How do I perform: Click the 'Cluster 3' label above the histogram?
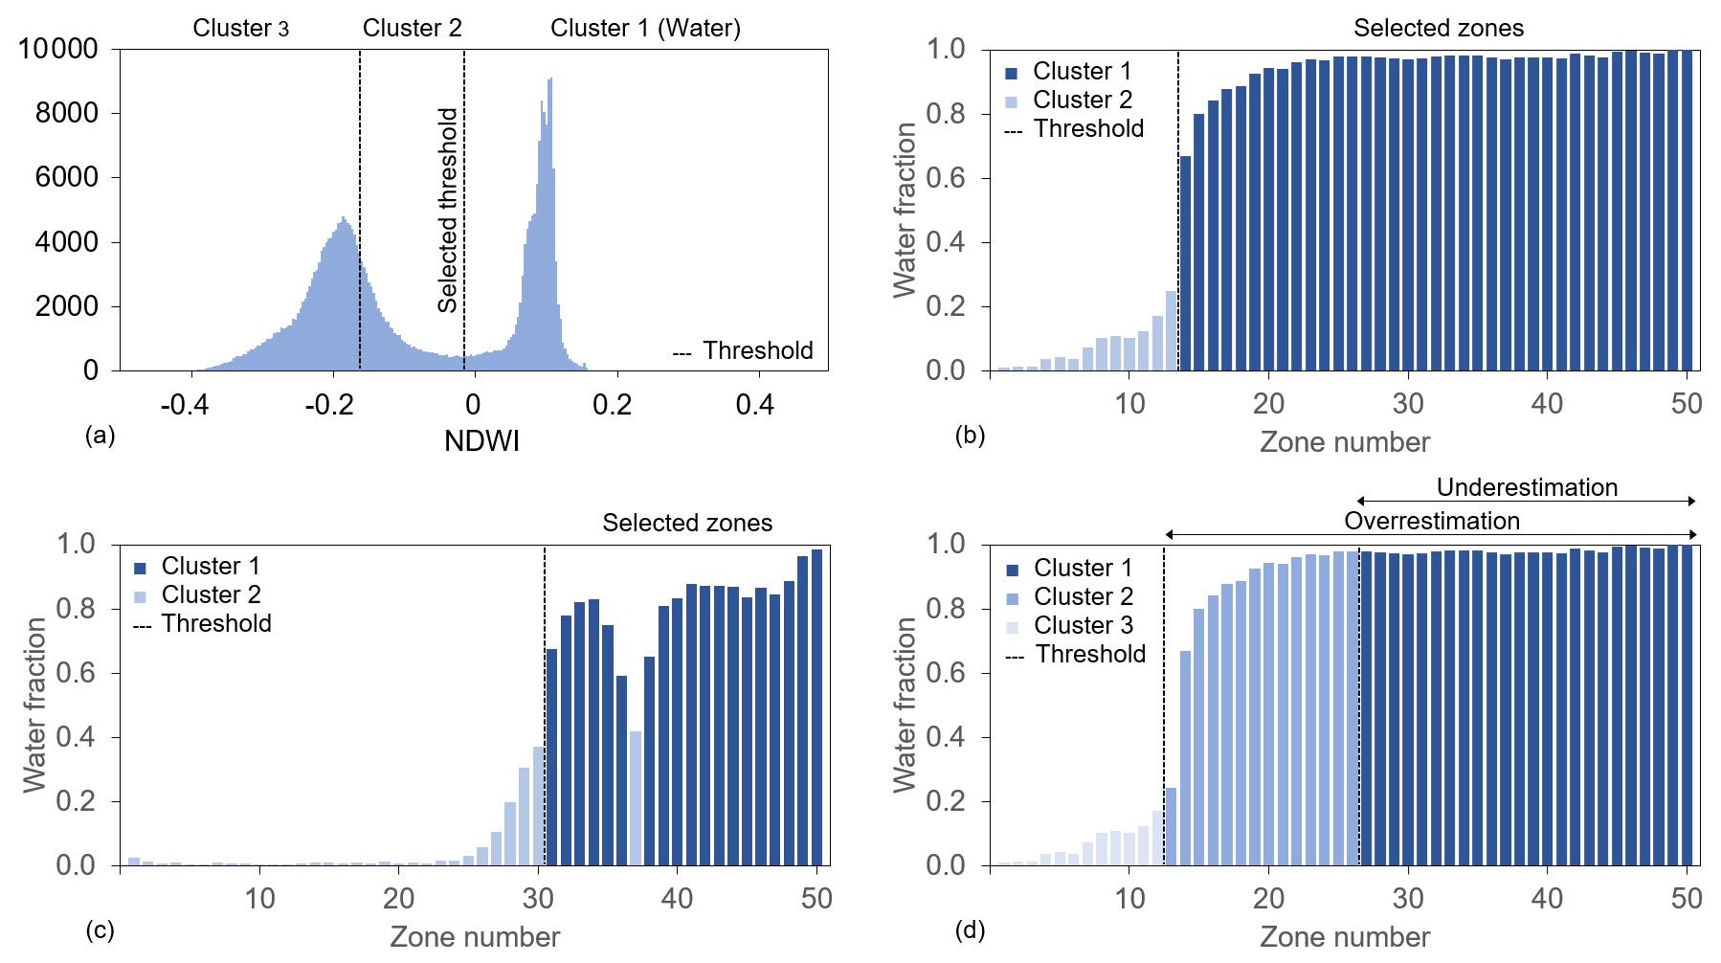point(240,29)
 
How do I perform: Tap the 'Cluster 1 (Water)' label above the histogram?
point(645,29)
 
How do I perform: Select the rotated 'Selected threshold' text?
point(447,210)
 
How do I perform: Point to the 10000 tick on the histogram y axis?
point(58,49)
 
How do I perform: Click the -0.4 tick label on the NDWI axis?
point(184,405)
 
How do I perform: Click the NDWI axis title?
point(481,441)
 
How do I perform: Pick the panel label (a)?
point(100,436)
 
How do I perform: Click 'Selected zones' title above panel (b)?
point(1438,29)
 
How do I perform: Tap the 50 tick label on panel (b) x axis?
point(1686,404)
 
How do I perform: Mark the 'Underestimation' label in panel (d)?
point(1527,487)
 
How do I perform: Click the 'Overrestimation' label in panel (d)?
point(1431,521)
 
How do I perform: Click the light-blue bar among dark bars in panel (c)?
point(636,797)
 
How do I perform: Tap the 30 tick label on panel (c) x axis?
point(538,899)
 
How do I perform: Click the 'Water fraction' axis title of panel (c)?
point(34,705)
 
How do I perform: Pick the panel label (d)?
point(970,930)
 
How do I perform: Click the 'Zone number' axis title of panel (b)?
point(1344,442)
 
